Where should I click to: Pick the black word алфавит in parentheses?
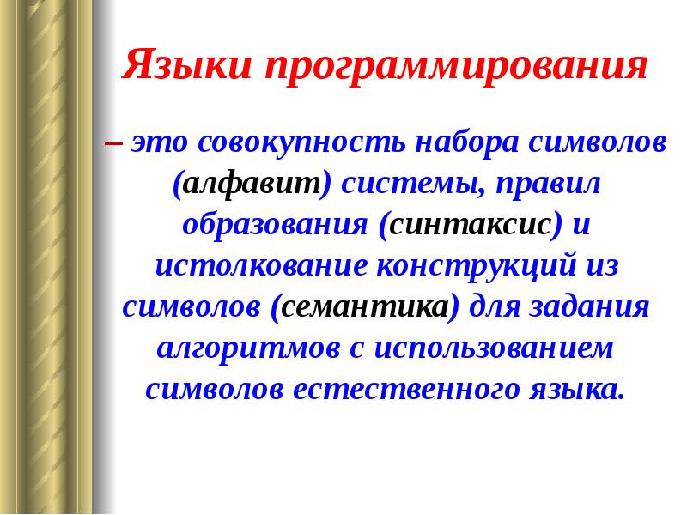coord(252,184)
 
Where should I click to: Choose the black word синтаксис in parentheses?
coord(471,225)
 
